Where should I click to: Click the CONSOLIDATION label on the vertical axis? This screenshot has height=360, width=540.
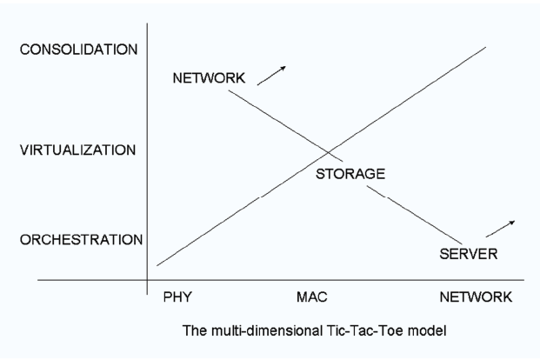pyautogui.click(x=78, y=50)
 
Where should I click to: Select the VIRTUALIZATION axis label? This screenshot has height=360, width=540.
pyautogui.click(x=78, y=150)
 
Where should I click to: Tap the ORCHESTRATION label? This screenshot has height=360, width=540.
pyautogui.click(x=81, y=240)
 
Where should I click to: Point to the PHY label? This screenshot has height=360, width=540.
pyautogui.click(x=177, y=297)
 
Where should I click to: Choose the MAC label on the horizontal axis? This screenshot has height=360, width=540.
pyautogui.click(x=312, y=297)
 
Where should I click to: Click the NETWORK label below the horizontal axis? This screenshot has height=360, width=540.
pyautogui.click(x=476, y=297)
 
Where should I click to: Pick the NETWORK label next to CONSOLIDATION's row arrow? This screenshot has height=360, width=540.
pyautogui.click(x=209, y=78)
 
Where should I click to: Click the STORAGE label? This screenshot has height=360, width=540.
pyautogui.click(x=350, y=174)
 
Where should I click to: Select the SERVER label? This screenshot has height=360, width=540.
pyautogui.click(x=469, y=254)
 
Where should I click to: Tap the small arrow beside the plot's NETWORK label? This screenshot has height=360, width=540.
pyautogui.click(x=271, y=76)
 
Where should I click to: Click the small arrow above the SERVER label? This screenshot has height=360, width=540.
pyautogui.click(x=500, y=229)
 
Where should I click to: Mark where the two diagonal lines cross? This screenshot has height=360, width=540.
pyautogui.click(x=329, y=152)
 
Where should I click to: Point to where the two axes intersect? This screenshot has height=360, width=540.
pyautogui.click(x=148, y=280)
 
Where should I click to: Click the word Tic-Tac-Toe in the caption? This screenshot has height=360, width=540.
pyautogui.click(x=364, y=330)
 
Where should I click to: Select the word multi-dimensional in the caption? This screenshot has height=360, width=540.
pyautogui.click(x=267, y=331)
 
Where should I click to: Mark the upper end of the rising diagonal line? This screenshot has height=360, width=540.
pyautogui.click(x=486, y=47)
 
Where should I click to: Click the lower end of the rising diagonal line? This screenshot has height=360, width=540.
pyautogui.click(x=157, y=265)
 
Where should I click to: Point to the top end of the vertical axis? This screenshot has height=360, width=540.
pyautogui.click(x=148, y=23)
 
